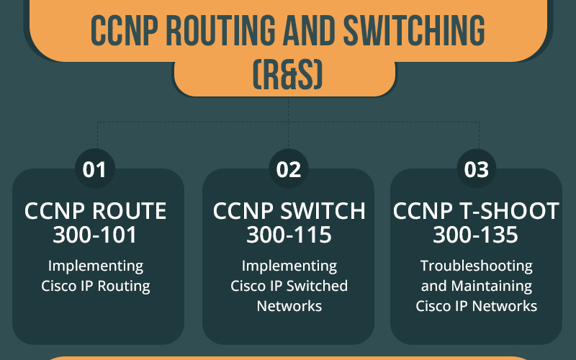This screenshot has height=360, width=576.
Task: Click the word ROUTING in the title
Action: pyautogui.click(x=220, y=30)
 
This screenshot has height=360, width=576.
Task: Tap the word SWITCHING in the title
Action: pyautogui.click(x=414, y=30)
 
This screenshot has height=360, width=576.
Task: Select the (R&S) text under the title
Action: pyautogui.click(x=288, y=75)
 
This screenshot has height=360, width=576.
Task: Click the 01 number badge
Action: pyautogui.click(x=95, y=169)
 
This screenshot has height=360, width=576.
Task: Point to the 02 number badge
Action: pyautogui.click(x=289, y=169)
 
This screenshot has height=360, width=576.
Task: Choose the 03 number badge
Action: pyautogui.click(x=477, y=169)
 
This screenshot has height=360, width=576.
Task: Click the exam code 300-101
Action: pyautogui.click(x=95, y=235)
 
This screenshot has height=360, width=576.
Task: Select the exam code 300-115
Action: pyautogui.click(x=289, y=235)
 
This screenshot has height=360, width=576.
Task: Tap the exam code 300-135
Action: pyautogui.click(x=475, y=235)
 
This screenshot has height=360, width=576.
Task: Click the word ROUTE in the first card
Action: pyautogui.click(x=129, y=211)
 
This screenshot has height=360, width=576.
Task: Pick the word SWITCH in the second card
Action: pyautogui.click(x=323, y=211)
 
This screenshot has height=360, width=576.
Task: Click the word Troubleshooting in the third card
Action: pyautogui.click(x=477, y=266)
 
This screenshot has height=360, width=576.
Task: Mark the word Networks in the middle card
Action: pyautogui.click(x=289, y=306)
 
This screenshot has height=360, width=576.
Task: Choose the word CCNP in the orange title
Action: pyautogui.click(x=125, y=30)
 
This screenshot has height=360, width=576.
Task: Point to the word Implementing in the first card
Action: pyautogui.click(x=96, y=266)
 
